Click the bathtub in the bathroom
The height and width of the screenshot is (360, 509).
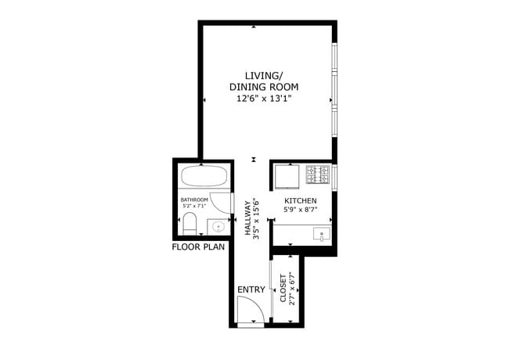[x=204, y=176]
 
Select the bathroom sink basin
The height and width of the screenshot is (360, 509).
[x=218, y=227]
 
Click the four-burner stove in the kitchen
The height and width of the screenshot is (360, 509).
[x=317, y=175]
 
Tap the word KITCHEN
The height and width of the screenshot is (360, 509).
[x=300, y=200]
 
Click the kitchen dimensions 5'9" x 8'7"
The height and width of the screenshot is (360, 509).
[x=300, y=210]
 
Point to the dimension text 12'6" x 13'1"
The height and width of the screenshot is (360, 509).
[x=264, y=99]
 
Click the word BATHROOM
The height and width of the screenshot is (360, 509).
[x=194, y=200]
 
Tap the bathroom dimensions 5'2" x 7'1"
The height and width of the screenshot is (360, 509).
[x=194, y=207]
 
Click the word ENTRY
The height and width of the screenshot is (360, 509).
[x=251, y=290]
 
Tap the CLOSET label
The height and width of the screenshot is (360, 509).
[x=282, y=288]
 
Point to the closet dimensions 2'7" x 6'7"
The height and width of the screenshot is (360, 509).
[x=291, y=288]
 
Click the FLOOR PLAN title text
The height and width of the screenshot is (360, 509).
[x=198, y=247]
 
